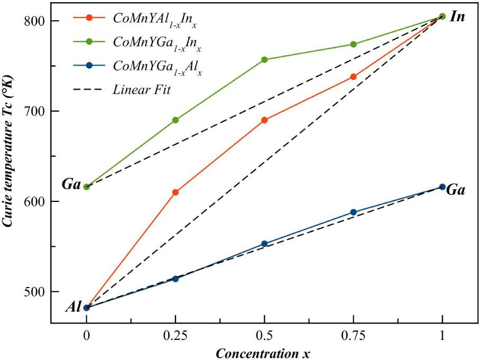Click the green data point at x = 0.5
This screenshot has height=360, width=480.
point(264,60)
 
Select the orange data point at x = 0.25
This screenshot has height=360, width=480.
point(176,192)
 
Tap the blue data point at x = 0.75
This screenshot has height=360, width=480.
point(354,213)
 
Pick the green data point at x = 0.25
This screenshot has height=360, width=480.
point(176,120)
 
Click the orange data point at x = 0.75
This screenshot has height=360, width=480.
point(354,77)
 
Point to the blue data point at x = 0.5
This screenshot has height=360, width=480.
point(264,244)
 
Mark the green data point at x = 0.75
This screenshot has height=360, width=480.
point(354,44)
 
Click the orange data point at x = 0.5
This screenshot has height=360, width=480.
point(264,120)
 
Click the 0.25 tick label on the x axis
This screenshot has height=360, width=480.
point(176,337)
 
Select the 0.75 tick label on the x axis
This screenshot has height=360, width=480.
point(354,337)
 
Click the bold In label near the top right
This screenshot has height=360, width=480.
point(457,17)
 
